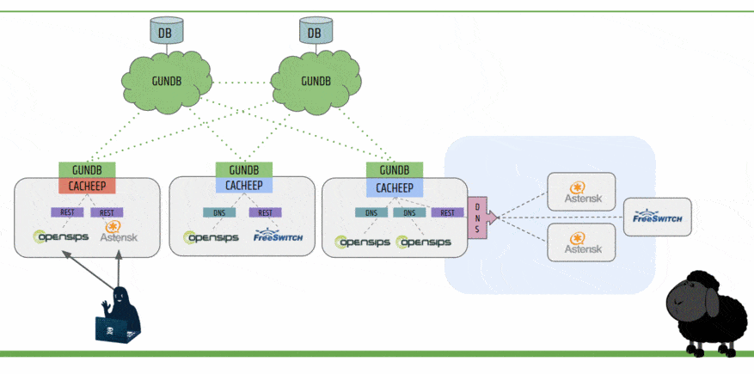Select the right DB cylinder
[314, 33]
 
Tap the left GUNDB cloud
[163, 80]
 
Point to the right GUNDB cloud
[314, 80]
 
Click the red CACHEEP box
[87, 185]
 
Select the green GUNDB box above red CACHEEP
[87, 170]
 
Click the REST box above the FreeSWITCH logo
[265, 212]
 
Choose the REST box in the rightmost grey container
[447, 212]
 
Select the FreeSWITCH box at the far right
[657, 218]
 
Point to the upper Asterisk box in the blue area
[582, 192]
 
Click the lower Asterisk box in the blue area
[582, 243]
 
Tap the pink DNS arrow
[479, 218]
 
